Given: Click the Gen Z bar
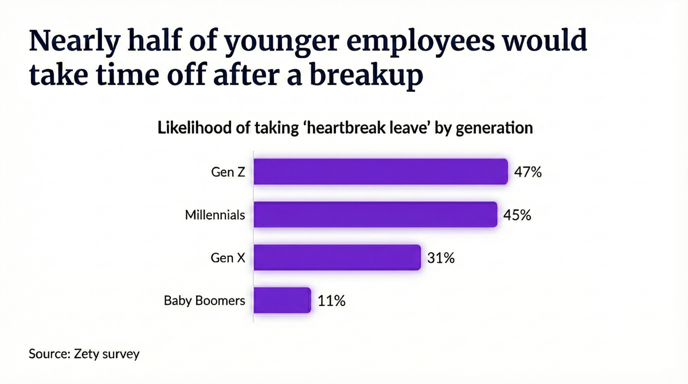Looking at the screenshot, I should pyautogui.click(x=381, y=172).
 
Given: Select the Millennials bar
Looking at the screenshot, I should pyautogui.click(x=375, y=215).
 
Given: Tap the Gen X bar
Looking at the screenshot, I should pyautogui.click(x=337, y=258).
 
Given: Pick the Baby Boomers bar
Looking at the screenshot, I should pyautogui.click(x=282, y=300).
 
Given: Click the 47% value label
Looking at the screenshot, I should pyautogui.click(x=527, y=172).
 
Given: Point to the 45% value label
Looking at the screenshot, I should pyautogui.click(x=517, y=215).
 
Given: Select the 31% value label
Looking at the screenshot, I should pyautogui.click(x=441, y=258).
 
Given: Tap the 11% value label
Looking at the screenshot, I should pyautogui.click(x=331, y=301).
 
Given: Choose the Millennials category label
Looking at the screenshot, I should pyautogui.click(x=215, y=215).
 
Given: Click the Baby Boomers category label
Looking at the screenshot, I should pyautogui.click(x=204, y=301).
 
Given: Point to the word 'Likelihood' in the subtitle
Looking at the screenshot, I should pyautogui.click(x=193, y=127).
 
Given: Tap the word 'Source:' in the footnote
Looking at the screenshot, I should pyautogui.click(x=49, y=354).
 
